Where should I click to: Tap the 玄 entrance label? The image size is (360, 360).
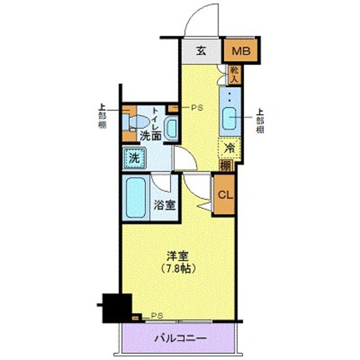pyautogui.click(x=202, y=51)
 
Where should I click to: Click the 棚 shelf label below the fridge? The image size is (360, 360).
pyautogui.click(x=226, y=165)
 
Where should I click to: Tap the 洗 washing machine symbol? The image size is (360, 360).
pyautogui.click(x=134, y=160)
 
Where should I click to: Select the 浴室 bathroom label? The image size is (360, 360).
pyautogui.click(x=165, y=203)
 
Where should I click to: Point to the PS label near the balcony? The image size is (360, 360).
pyautogui.click(x=157, y=316)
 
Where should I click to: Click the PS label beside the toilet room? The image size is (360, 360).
pyautogui.click(x=197, y=109)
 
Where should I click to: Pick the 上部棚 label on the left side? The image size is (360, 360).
pyautogui.click(x=101, y=117)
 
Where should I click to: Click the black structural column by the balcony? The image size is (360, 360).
pyautogui.click(x=116, y=308)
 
